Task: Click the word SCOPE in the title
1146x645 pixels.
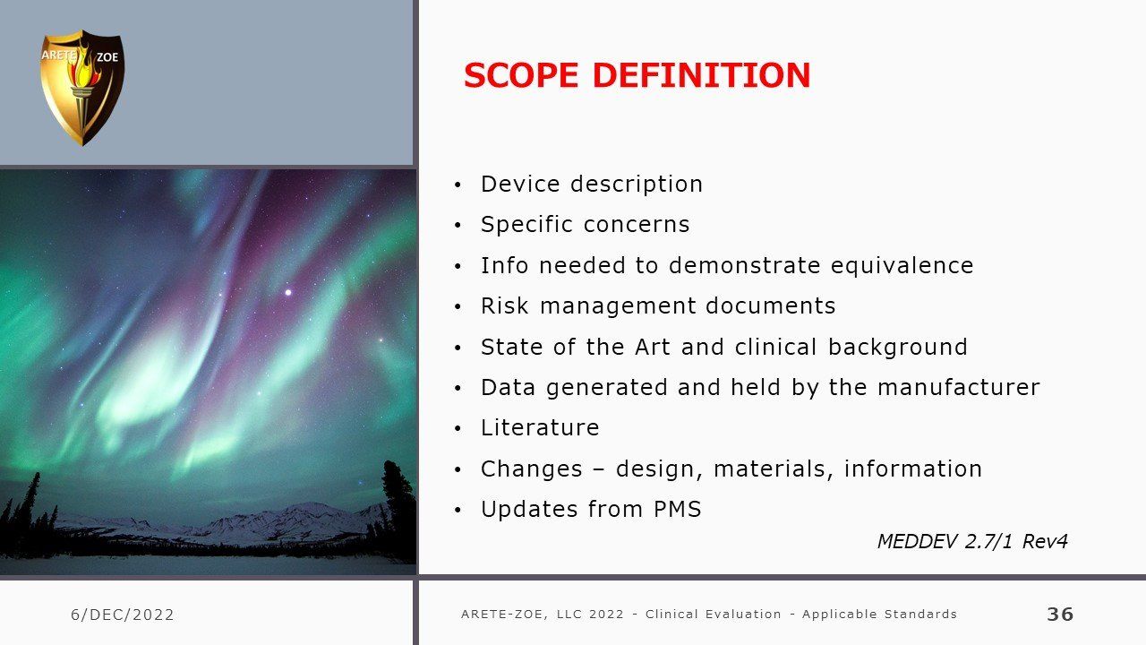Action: [521, 75]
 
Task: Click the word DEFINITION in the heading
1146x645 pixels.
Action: [701, 75]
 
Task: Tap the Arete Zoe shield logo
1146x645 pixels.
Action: [82, 88]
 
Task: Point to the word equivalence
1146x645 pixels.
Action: [902, 266]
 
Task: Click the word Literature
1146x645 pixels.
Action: [540, 427]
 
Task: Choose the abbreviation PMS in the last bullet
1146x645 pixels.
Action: [678, 509]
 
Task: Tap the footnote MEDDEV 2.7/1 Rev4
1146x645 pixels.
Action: [972, 541]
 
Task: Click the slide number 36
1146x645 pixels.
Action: [1060, 614]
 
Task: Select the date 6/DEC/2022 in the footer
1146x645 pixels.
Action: [123, 615]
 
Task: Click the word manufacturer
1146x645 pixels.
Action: [959, 387]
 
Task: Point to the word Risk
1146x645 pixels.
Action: [504, 306]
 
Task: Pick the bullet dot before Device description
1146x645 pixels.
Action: [458, 185]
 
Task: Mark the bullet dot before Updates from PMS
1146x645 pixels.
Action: [458, 510]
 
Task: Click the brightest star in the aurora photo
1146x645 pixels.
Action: [288, 292]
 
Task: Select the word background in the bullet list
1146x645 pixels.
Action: [898, 348]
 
